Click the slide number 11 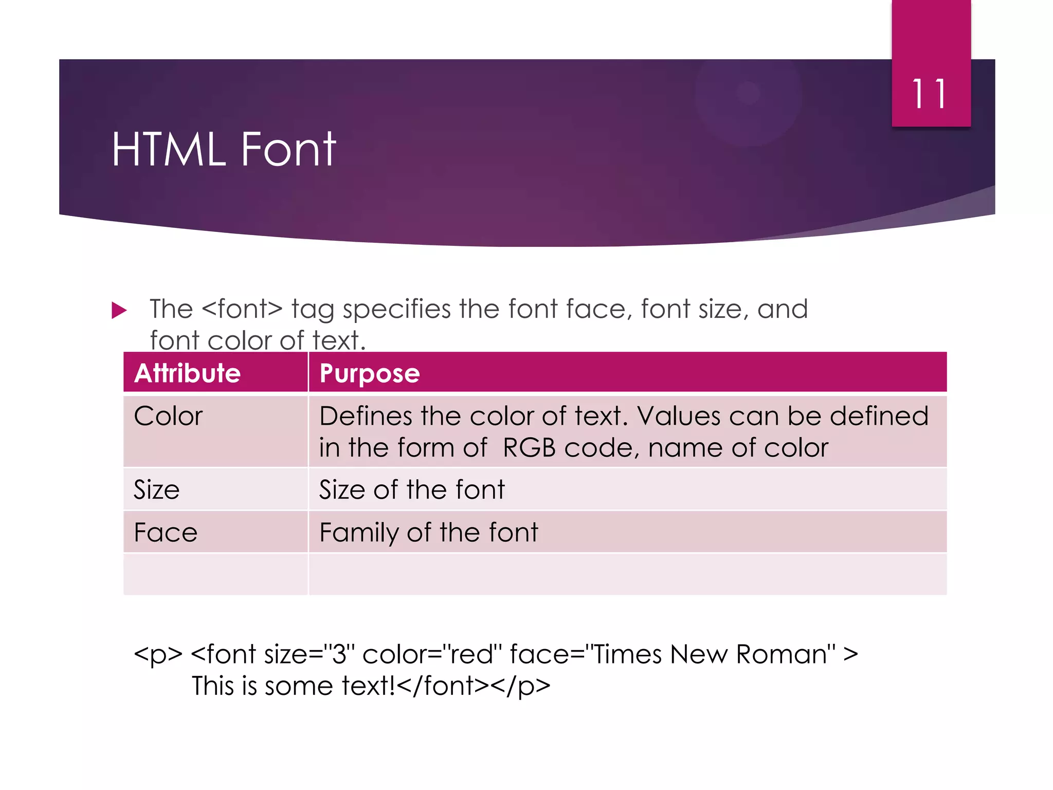930,94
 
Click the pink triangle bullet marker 119,310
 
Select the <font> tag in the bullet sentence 242,309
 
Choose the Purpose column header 369,373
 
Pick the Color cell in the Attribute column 168,416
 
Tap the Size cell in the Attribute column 156,490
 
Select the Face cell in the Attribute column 166,532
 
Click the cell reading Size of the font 412,490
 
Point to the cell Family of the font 428,532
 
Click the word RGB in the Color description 529,448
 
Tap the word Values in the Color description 678,416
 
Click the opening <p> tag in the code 158,655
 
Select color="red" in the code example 432,655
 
